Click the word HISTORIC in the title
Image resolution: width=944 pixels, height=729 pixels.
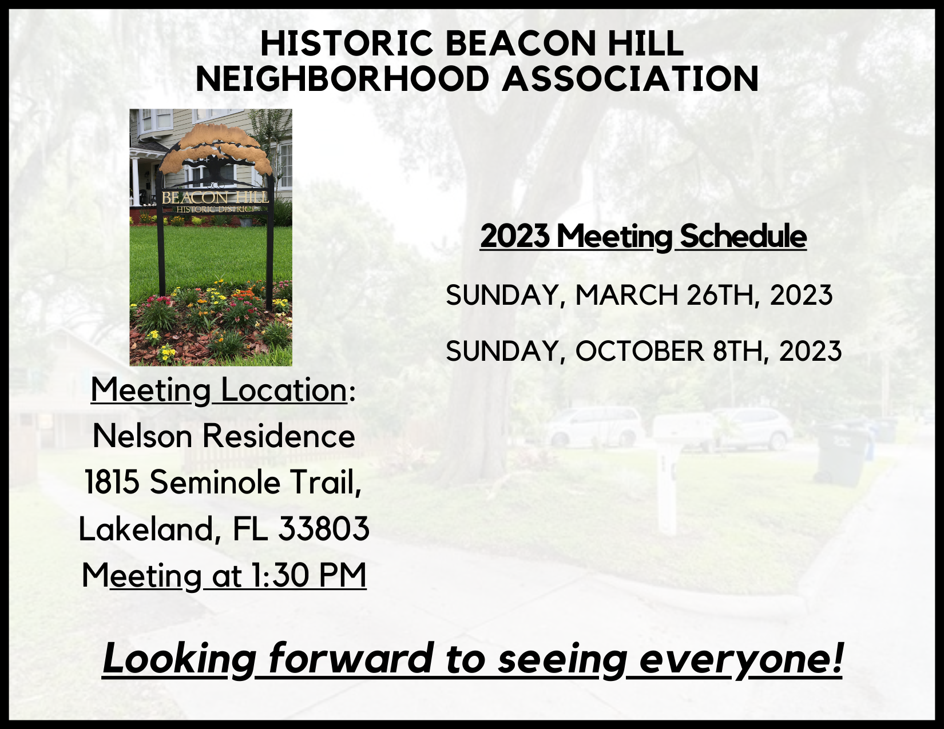[346, 43]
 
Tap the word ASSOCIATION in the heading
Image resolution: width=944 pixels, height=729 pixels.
[630, 79]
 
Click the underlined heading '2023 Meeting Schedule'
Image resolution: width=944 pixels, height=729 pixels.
[644, 237]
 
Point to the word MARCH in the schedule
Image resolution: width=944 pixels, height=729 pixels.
[627, 295]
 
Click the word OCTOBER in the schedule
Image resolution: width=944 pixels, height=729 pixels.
[640, 351]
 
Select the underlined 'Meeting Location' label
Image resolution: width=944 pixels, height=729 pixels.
[219, 391]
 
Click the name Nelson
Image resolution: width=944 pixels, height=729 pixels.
[142, 436]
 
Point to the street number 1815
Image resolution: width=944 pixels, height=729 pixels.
[112, 483]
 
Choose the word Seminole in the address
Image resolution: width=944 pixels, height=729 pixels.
[216, 483]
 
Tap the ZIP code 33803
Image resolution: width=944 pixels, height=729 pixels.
[324, 529]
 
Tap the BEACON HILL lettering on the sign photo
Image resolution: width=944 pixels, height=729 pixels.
[216, 198]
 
